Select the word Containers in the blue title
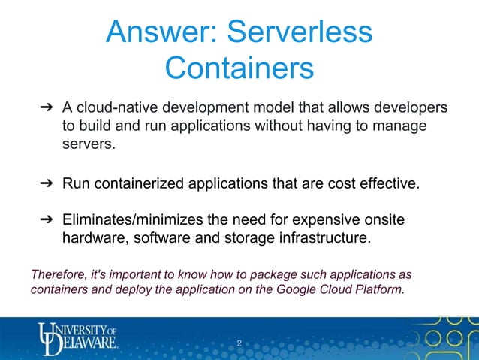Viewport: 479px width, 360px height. coord(239,68)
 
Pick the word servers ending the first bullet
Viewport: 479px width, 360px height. coord(89,143)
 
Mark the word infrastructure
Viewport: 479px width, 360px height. coord(322,239)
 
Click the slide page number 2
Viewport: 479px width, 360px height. coord(239,344)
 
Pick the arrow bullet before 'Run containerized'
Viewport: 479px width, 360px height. coord(45,183)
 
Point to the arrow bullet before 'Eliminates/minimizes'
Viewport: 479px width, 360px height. coord(45,221)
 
